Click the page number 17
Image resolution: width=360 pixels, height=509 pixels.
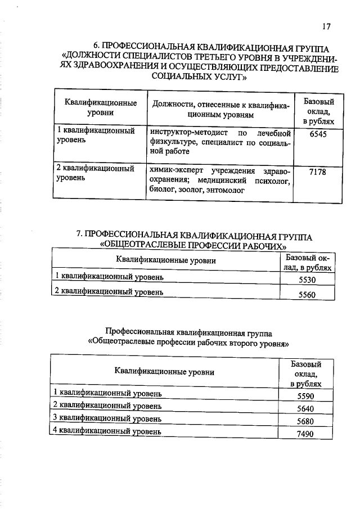(327, 26)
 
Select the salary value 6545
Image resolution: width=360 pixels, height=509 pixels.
(317, 134)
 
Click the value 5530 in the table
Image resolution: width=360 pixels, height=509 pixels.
(307, 280)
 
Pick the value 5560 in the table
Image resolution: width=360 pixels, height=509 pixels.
(307, 295)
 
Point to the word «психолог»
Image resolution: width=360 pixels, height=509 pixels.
(270, 181)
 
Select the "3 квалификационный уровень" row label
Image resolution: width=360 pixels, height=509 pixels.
(107, 418)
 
